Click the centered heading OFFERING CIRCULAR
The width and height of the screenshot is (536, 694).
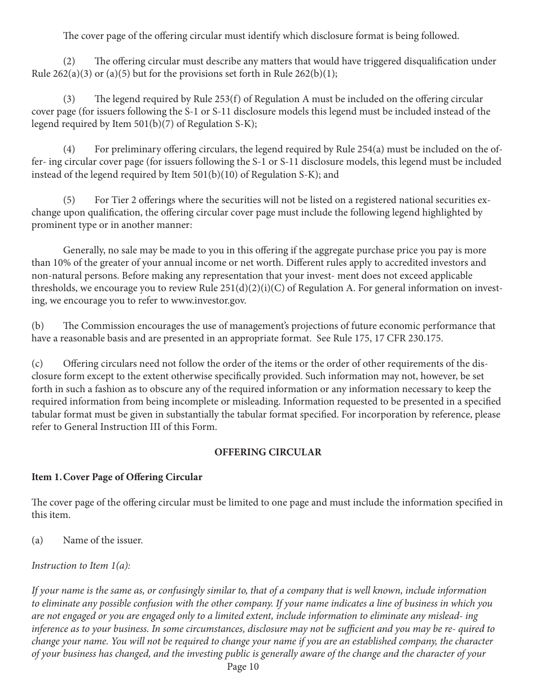pos(268,452)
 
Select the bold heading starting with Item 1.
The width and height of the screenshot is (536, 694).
pos(117,477)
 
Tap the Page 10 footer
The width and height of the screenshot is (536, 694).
pos(243,667)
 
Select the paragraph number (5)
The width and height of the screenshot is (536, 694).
pos(69,200)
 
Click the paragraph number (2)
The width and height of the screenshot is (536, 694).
pos(69,62)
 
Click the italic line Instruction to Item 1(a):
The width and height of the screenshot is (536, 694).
pos(81,565)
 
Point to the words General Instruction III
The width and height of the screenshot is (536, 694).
pos(113,427)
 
